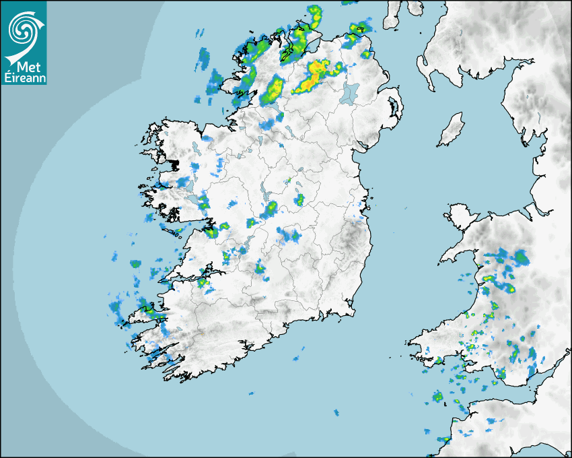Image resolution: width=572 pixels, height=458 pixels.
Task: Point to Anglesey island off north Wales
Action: tap(458, 216)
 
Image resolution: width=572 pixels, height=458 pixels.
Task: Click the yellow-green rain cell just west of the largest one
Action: tap(274, 90)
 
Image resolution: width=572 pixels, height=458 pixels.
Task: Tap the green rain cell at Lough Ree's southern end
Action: tap(271, 209)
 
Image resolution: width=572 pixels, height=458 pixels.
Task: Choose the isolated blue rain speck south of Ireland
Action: tap(336, 412)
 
